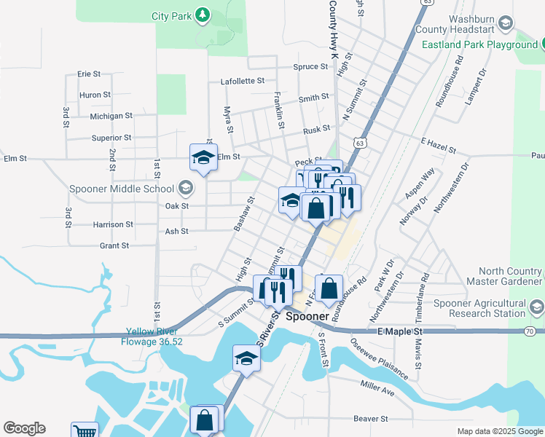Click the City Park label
(170, 15)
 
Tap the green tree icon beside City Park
(203, 15)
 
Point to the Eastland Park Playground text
(479, 44)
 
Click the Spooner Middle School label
(122, 189)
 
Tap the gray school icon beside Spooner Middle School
(185, 189)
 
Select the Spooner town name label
(309, 317)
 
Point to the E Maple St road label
(400, 331)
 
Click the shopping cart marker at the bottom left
(85, 431)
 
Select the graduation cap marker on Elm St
(204, 157)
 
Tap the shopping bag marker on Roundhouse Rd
(329, 288)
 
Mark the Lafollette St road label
(243, 82)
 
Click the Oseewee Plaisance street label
(379, 358)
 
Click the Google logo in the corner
(25, 428)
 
